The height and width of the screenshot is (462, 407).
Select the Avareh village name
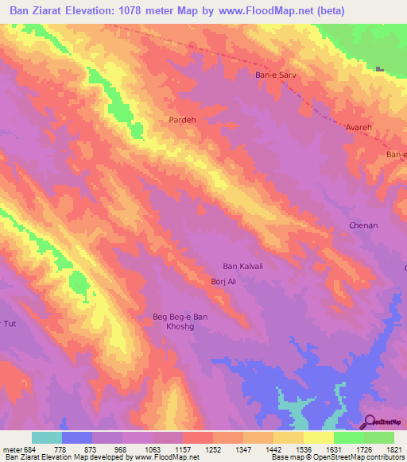tap(359, 127)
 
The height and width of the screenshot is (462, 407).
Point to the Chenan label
tap(363, 225)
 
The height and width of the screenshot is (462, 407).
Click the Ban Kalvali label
tap(242, 266)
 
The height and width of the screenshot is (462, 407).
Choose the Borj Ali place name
tap(223, 282)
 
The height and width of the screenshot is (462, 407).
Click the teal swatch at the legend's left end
tap(47, 437)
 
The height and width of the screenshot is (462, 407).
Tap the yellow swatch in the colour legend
tap(318, 437)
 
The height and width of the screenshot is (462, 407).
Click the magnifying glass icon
tap(368, 422)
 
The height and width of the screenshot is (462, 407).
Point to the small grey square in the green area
tap(380, 69)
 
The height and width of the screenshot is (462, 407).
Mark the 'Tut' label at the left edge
tap(9, 323)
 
